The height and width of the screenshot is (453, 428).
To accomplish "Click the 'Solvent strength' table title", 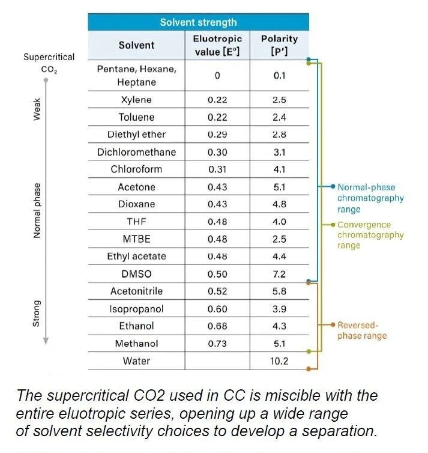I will [198, 23].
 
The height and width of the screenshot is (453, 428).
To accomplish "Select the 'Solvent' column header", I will [136, 45].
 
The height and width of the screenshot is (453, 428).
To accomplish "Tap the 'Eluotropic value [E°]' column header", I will [217, 45].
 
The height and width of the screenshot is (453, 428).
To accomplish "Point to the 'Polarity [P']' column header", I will [279, 45].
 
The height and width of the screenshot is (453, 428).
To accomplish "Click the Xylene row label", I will [136, 100].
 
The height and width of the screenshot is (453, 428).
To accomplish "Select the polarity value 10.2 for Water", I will [279, 361].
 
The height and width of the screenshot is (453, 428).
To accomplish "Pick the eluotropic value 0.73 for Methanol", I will [217, 344].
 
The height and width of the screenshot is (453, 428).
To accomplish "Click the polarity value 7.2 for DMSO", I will [279, 274].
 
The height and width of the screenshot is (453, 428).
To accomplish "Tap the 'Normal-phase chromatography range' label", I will [370, 198].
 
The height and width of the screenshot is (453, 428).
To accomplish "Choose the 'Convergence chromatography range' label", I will [370, 235].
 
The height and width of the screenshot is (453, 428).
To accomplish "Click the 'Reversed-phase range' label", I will [362, 330].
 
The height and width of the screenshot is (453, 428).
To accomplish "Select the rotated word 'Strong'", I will [37, 313].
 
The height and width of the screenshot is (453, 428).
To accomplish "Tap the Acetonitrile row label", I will [136, 291].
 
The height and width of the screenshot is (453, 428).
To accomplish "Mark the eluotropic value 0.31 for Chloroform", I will [217, 169].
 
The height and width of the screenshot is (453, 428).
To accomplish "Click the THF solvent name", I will [136, 222].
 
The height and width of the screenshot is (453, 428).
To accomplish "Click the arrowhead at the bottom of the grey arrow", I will [46, 341].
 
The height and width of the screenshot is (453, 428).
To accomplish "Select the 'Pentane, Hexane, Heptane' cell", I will [136, 76].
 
